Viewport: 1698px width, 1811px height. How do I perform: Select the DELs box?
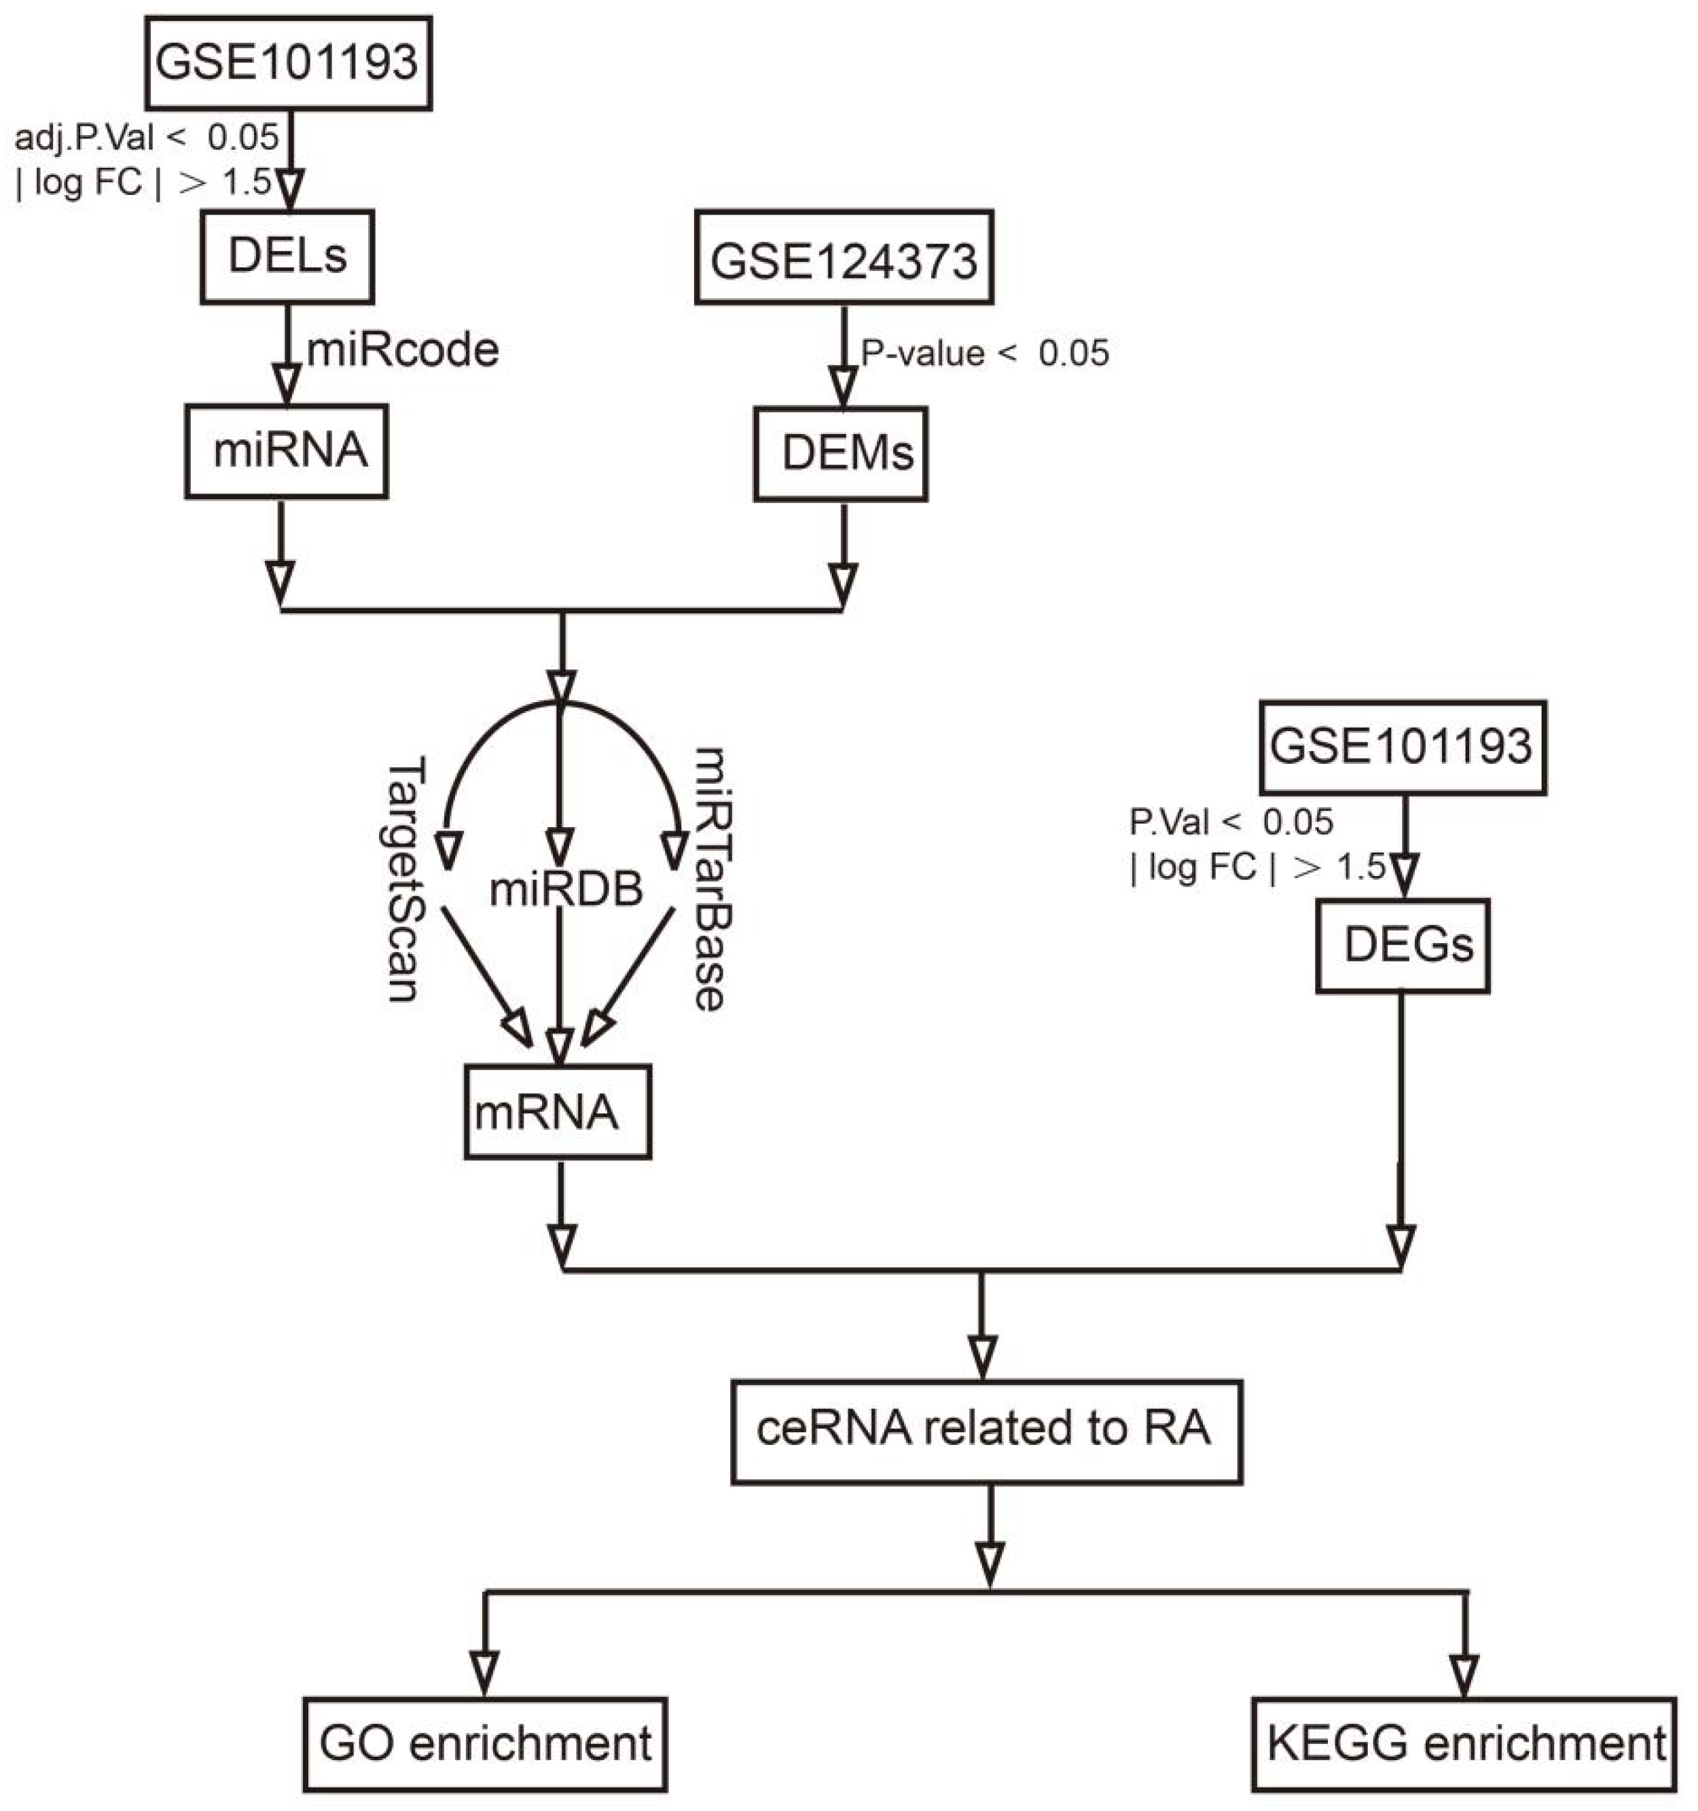point(287,256)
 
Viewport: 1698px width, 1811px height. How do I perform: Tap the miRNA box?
point(287,452)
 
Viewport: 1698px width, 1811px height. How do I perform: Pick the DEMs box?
point(841,454)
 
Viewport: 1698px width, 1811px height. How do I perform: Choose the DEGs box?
point(1402,946)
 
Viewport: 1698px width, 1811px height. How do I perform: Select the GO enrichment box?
point(485,1744)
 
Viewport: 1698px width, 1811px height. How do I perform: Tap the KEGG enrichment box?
point(1464,1744)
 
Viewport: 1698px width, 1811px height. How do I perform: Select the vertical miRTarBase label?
point(710,879)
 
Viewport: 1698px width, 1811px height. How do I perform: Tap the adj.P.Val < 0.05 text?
point(147,138)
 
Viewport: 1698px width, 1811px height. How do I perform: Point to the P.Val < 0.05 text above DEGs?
point(1231,822)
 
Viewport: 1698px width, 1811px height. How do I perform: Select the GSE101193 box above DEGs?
point(1402,747)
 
